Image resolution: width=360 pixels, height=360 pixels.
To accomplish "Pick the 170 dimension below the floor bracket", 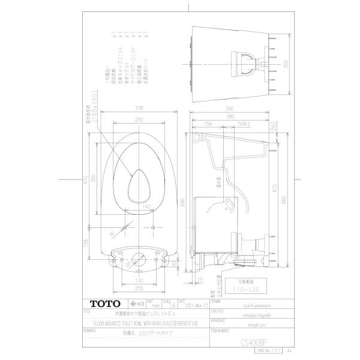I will (139, 280).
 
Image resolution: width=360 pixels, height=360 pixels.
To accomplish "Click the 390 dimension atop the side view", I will (230, 110).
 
